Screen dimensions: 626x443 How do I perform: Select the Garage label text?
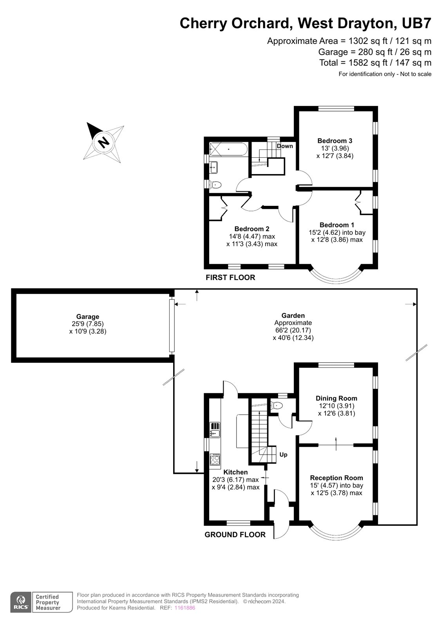click(88, 317)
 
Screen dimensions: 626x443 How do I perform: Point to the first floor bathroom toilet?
click(216, 184)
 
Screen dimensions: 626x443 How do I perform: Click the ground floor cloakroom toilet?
click(277, 405)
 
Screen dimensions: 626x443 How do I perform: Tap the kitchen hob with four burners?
click(215, 459)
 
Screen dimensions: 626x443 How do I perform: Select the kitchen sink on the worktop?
click(215, 433)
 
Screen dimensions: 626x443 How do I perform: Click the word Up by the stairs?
click(284, 455)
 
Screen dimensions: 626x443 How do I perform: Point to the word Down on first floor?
click(285, 146)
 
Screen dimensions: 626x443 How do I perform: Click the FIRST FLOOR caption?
click(230, 277)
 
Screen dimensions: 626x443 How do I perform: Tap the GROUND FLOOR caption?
click(235, 534)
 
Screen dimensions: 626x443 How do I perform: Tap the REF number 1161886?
click(184, 608)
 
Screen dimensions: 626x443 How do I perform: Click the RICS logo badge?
click(20, 602)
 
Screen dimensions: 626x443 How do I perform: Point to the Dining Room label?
click(336, 398)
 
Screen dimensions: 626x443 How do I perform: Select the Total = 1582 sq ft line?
click(375, 63)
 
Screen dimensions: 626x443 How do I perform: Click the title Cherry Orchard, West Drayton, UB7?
click(306, 23)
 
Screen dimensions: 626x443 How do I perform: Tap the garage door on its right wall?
click(171, 326)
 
